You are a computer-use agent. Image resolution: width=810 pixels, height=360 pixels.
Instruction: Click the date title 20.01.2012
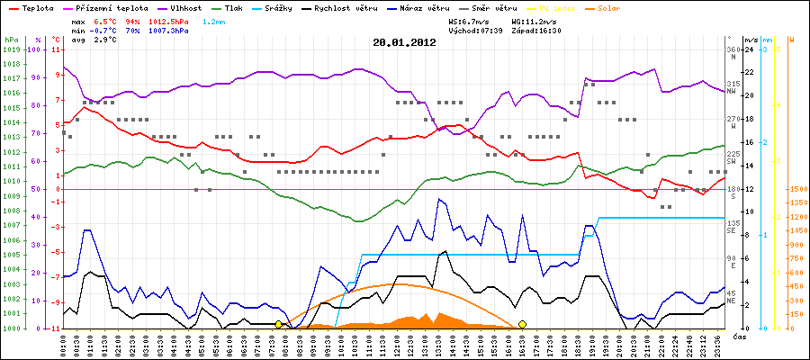point(405,41)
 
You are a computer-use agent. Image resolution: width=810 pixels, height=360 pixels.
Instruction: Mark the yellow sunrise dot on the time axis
point(279,324)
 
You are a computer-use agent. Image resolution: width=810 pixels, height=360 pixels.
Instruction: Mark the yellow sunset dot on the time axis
point(523,324)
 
